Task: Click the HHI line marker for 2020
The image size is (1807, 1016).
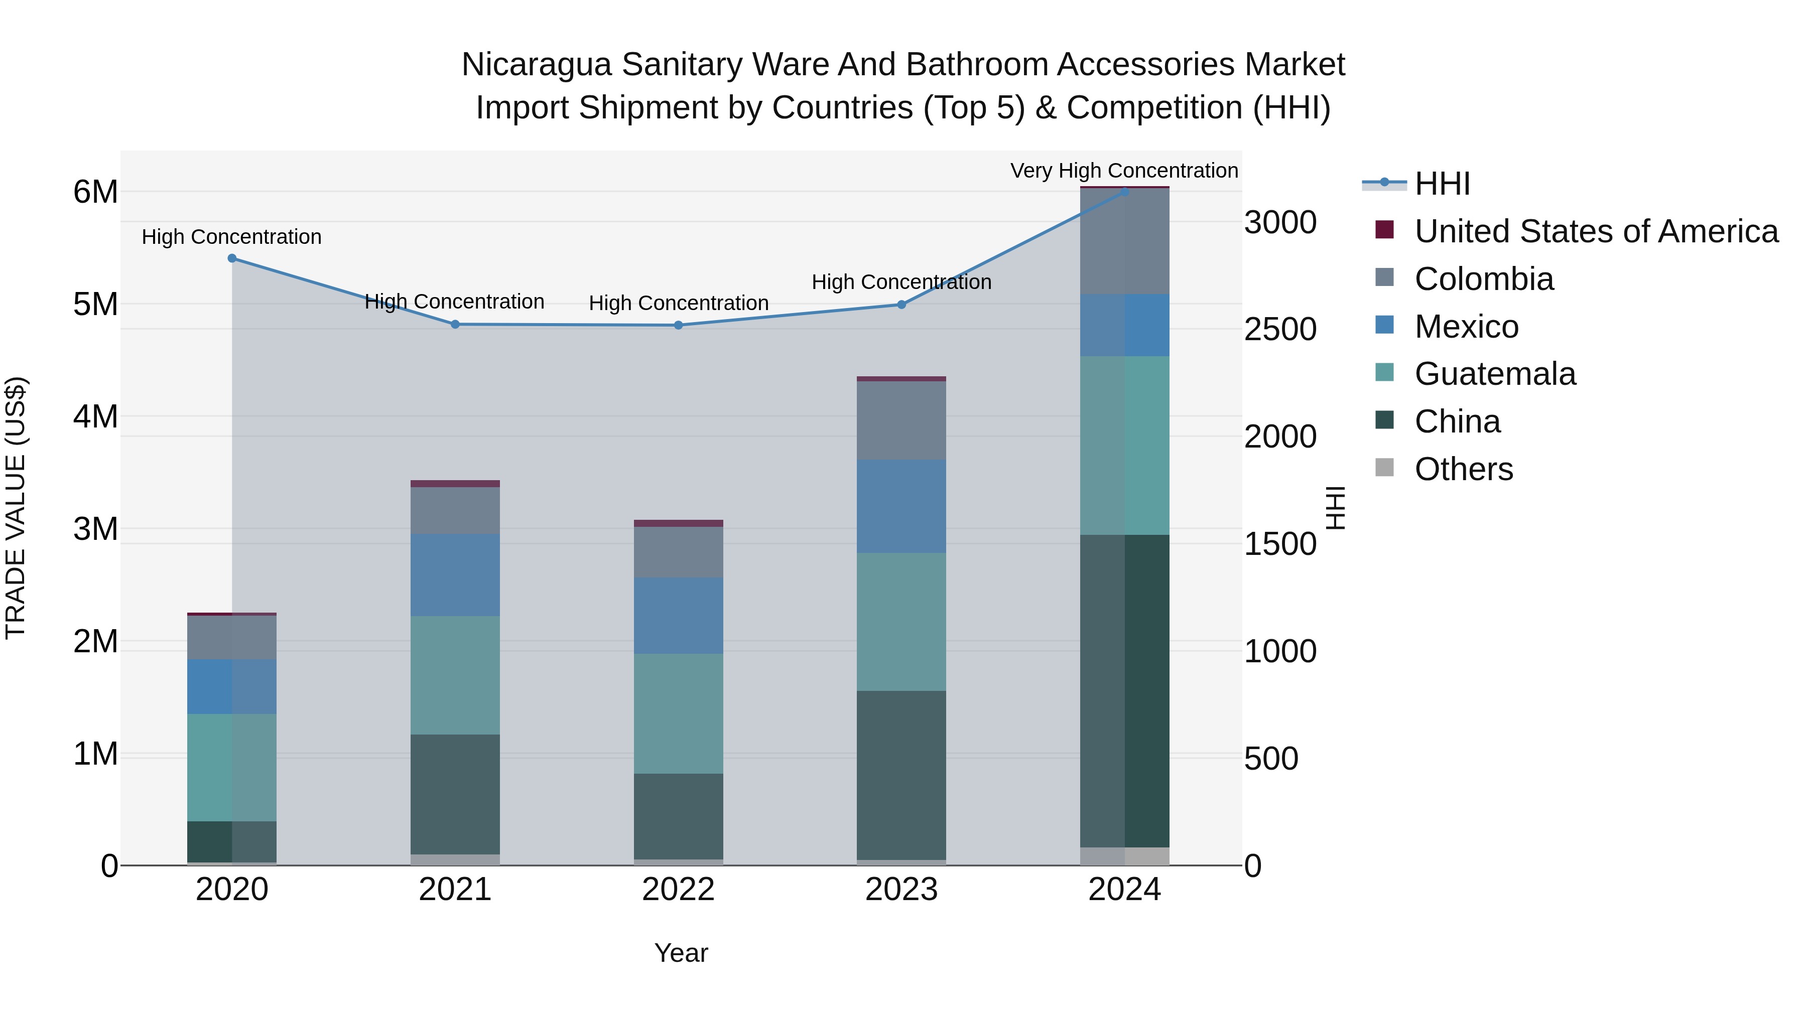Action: tap(232, 258)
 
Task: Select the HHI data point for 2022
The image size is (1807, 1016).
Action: tap(678, 325)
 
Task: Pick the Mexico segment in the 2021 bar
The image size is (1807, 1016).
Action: tap(455, 575)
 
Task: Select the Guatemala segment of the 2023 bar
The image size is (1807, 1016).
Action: tap(901, 622)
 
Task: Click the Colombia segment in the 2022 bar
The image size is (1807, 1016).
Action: tap(678, 552)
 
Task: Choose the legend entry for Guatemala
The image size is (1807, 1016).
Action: tap(1495, 374)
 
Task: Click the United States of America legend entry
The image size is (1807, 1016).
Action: tap(1596, 231)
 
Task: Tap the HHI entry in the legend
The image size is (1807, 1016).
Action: tap(1442, 184)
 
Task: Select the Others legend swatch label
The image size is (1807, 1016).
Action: tap(1463, 469)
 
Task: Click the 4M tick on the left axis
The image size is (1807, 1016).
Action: tap(95, 416)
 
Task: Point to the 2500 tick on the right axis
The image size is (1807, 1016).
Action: tap(1280, 330)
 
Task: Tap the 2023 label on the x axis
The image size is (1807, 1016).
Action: tap(901, 890)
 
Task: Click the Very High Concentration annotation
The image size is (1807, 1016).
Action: tap(1124, 171)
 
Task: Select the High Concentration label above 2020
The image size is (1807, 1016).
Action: tap(231, 237)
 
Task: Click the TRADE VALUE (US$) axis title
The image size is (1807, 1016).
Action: tap(16, 508)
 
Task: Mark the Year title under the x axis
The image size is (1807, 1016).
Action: tap(681, 953)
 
